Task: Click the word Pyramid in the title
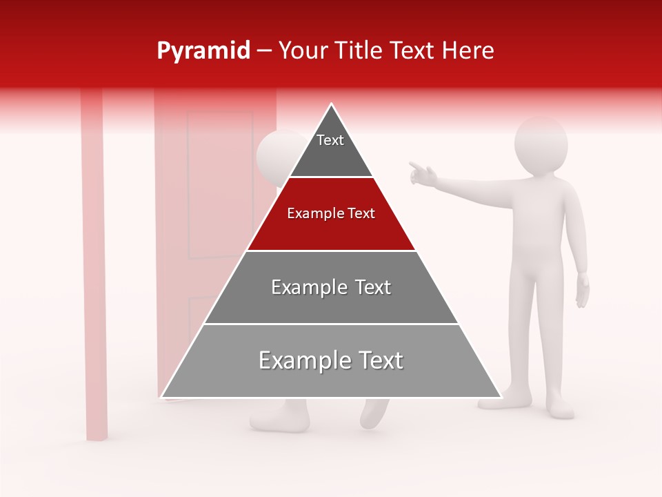pyautogui.click(x=203, y=51)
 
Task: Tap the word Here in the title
pyautogui.click(x=468, y=51)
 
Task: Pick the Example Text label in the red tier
pyautogui.click(x=331, y=213)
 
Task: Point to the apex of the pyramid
pyautogui.click(x=332, y=105)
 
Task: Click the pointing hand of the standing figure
pyautogui.click(x=421, y=173)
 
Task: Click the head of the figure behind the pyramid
pyautogui.click(x=273, y=156)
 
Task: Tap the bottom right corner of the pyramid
pyautogui.click(x=500, y=397)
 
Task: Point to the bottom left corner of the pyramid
pyautogui.click(x=163, y=397)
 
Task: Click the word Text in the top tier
pyautogui.click(x=330, y=140)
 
